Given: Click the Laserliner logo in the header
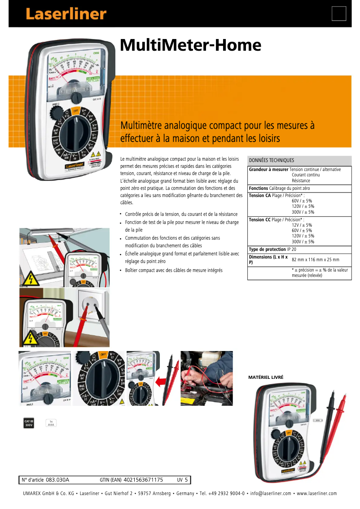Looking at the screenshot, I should [66, 14].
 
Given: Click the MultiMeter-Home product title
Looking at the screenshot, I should [190, 45].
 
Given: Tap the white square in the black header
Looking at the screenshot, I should [339, 14].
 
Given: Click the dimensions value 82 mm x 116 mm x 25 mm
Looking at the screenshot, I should [316, 260].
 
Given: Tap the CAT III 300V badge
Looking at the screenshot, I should [29, 423].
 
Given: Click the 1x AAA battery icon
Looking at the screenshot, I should [51, 423].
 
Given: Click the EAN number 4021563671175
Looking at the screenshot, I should [143, 480].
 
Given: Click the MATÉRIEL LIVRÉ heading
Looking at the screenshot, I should [266, 378].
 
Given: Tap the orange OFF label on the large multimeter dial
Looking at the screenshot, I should [76, 110].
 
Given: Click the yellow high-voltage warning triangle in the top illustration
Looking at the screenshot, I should [31, 279].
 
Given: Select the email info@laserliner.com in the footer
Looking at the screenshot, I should [271, 493].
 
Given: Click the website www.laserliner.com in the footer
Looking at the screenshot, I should [316, 493].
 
